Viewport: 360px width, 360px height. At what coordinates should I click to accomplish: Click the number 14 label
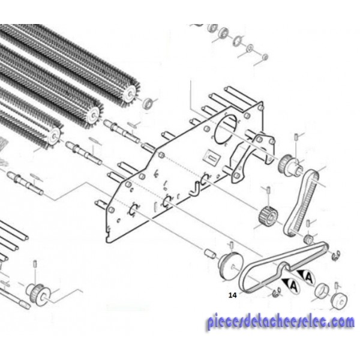[232, 295]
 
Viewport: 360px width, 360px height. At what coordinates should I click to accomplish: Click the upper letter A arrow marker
[306, 277]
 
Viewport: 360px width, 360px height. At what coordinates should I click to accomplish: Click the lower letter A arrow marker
[291, 286]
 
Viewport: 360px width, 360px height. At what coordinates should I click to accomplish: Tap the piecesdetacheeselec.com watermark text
[281, 322]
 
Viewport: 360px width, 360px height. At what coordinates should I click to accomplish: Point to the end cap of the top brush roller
[129, 94]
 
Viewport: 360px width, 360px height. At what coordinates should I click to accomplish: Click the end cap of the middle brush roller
[94, 114]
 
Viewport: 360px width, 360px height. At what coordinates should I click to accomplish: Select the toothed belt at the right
[301, 203]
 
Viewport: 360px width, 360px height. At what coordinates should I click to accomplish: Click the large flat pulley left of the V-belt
[230, 266]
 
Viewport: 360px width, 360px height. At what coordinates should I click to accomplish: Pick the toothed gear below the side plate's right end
[268, 216]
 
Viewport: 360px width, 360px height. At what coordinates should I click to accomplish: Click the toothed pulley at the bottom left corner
[38, 295]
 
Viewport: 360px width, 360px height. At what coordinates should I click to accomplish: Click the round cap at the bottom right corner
[339, 301]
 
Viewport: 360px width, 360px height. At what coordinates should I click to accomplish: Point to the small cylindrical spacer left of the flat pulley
[210, 254]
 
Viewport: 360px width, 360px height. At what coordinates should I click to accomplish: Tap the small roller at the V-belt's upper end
[308, 239]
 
